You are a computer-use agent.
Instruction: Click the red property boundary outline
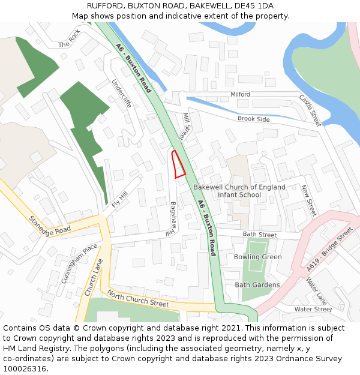(178, 164)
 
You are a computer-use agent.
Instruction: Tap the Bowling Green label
(257, 257)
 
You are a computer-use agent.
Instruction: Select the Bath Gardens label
(257, 284)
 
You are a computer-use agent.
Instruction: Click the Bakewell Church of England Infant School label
(239, 191)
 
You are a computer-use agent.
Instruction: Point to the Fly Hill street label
(120, 199)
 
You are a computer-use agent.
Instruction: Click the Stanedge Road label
(50, 221)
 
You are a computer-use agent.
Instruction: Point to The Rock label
(69, 40)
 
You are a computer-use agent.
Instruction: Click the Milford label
(240, 95)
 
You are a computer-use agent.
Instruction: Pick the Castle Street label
(310, 110)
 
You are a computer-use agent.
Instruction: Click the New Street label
(308, 200)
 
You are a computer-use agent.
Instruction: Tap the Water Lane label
(316, 290)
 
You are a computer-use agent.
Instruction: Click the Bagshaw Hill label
(173, 218)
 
